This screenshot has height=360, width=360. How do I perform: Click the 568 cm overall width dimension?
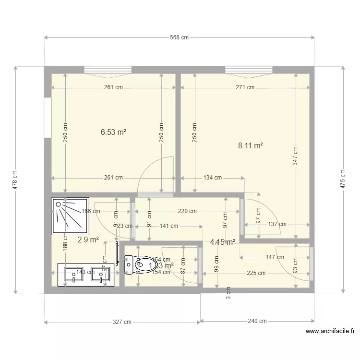(x=179, y=37)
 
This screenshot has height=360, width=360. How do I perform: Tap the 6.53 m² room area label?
(x=113, y=132)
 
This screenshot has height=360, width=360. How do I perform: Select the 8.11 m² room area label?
(x=251, y=144)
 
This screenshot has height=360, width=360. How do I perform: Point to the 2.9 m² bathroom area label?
(x=88, y=239)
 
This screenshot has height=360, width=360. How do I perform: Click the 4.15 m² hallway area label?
(x=222, y=242)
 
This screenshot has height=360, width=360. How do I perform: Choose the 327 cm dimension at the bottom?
(x=122, y=322)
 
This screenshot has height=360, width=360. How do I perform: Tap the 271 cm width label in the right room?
(x=245, y=87)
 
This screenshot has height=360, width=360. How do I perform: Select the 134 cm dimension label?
(x=212, y=178)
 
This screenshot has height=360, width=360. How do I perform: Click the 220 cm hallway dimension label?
(x=187, y=211)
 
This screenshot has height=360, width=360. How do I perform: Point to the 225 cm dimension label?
(x=256, y=273)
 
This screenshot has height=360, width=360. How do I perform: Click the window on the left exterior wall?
(x=47, y=118)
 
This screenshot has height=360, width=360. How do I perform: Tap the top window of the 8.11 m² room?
(x=249, y=71)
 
